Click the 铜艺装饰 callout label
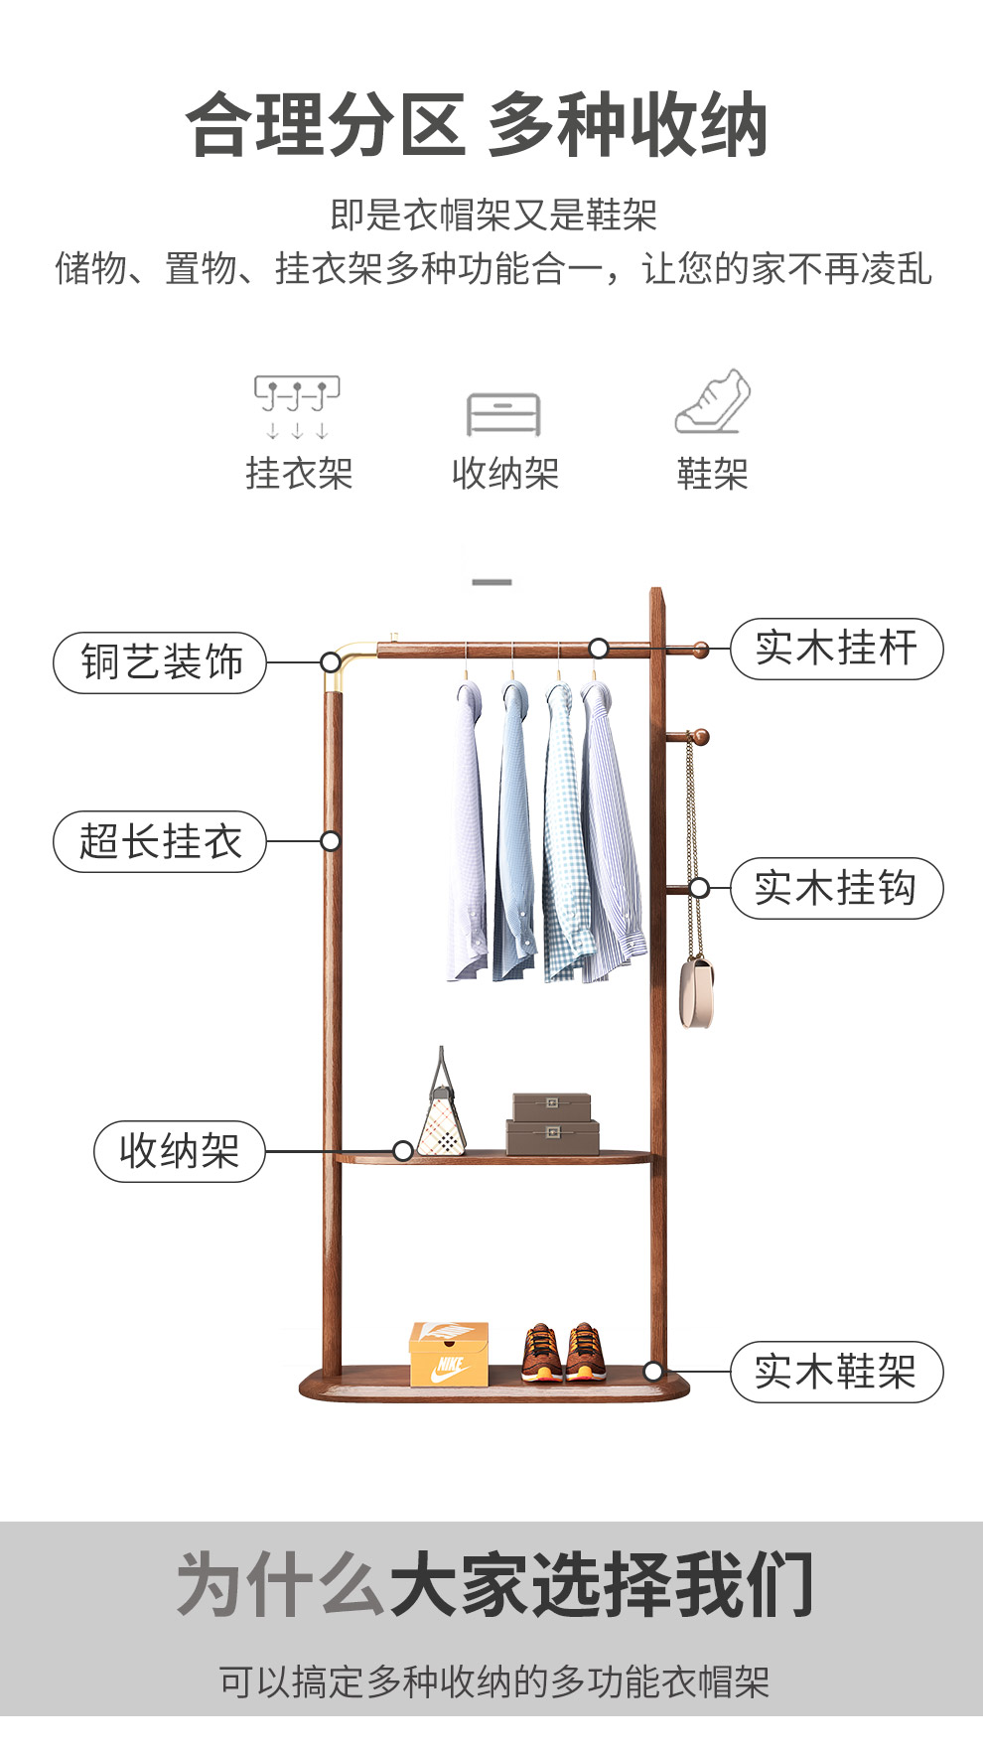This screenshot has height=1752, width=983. click(x=160, y=662)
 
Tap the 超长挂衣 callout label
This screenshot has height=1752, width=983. click(x=160, y=842)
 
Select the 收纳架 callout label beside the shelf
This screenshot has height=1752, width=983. click(x=180, y=1151)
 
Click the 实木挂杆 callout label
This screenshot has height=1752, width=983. click(x=836, y=649)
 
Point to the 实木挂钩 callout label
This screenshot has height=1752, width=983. click(x=836, y=888)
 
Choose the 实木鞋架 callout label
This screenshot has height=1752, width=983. click(x=836, y=1372)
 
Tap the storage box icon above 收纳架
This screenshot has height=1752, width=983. click(x=503, y=414)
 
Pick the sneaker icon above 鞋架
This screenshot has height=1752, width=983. click(x=713, y=402)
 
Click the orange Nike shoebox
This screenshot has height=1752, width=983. click(x=449, y=1354)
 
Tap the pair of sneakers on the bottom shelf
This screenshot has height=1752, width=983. click(x=564, y=1353)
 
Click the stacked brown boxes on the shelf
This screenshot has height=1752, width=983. click(x=552, y=1124)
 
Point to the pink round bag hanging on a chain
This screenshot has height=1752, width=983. click(x=696, y=990)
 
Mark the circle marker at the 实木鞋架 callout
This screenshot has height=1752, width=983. click(x=652, y=1371)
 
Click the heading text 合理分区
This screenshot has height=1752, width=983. click(x=326, y=125)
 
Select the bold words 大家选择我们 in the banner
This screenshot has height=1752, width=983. click(x=602, y=1585)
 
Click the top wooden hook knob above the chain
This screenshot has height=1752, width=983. click(x=700, y=737)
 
